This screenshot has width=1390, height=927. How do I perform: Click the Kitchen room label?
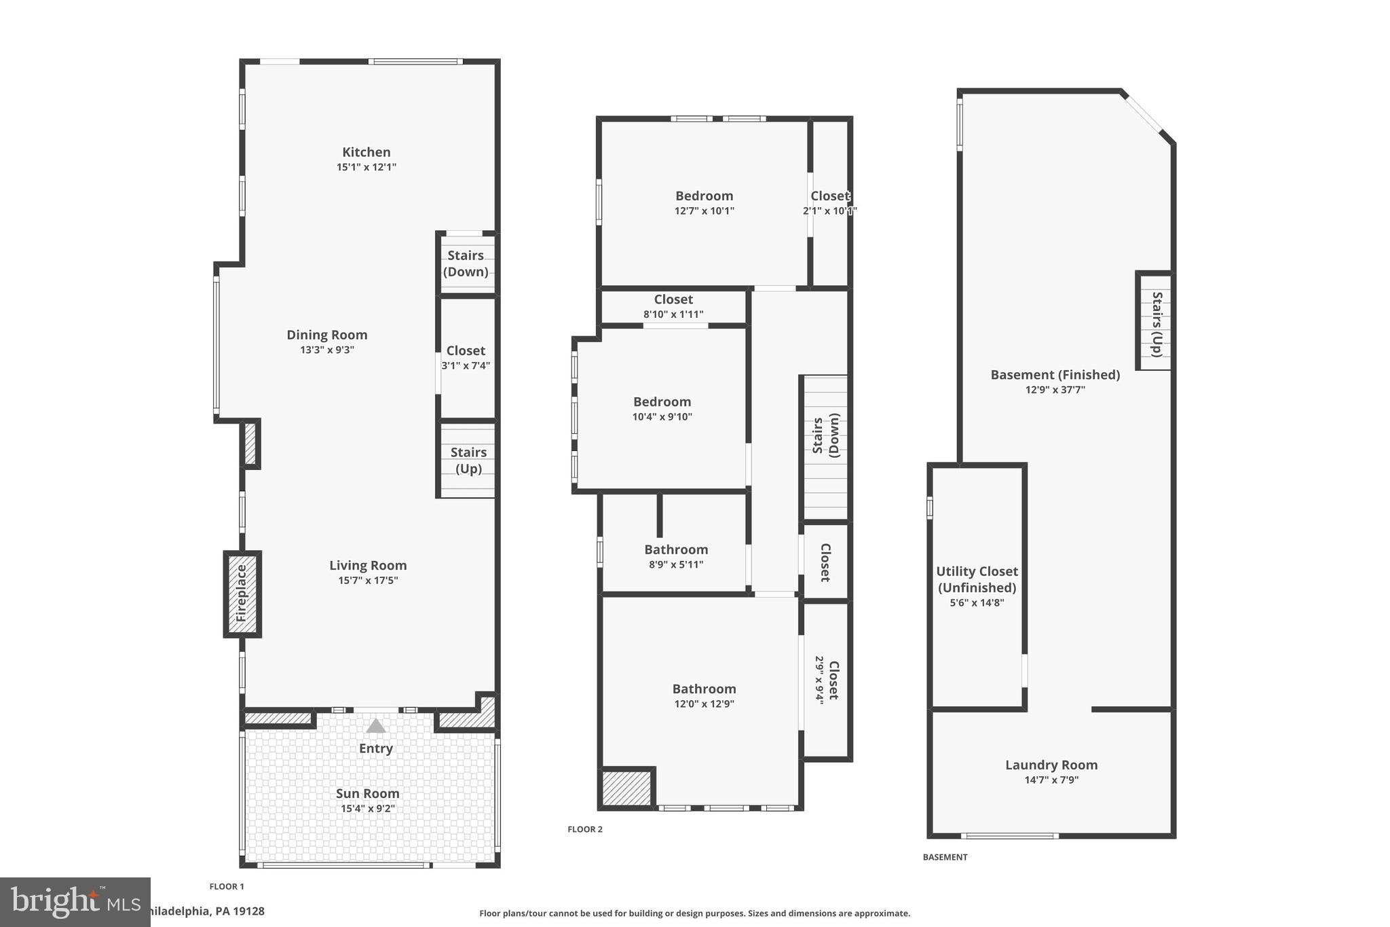point(366,152)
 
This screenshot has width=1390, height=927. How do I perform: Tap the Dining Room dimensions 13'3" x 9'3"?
point(327,350)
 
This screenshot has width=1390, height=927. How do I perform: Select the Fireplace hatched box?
point(242,594)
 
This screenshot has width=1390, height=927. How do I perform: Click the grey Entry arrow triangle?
point(375,727)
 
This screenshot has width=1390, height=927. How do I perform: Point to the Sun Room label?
point(367,793)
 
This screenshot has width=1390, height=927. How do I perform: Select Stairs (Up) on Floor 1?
point(468,460)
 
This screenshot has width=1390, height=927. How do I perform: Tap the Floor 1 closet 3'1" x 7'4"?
point(466,357)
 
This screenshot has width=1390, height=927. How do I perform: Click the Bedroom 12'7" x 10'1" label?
point(704,196)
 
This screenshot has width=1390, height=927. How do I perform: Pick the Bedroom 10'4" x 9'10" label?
point(662,402)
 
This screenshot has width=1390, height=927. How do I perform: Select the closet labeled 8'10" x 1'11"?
point(673,306)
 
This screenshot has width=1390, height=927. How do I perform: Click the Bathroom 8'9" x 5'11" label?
point(676,550)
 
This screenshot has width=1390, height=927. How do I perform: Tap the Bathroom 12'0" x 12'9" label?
point(704,689)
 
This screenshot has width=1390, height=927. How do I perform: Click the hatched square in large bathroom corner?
point(626,786)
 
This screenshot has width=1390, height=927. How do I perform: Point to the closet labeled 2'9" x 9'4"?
point(827,680)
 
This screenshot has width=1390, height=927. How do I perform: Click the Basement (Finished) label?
point(1055,375)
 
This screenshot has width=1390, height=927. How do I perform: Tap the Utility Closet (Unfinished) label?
point(977,579)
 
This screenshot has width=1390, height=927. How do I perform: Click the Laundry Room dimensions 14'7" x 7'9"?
point(1051,780)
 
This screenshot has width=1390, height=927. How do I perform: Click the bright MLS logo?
point(75,902)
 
